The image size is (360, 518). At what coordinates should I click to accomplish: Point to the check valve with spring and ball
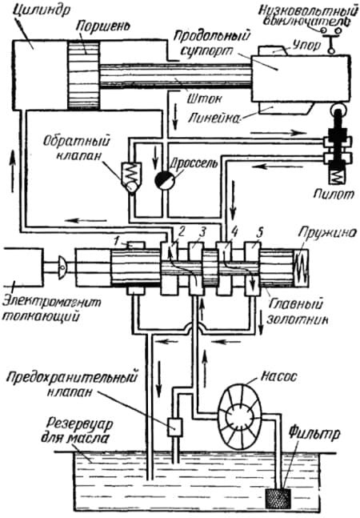(131, 178)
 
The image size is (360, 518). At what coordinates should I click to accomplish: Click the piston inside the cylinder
(83, 75)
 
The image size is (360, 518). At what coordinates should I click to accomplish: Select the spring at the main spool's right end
(300, 267)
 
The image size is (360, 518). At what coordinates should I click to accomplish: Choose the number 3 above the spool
(202, 232)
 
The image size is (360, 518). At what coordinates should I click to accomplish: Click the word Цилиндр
(41, 10)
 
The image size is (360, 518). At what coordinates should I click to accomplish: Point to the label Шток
(199, 98)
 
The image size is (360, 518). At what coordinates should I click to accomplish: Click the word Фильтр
(314, 435)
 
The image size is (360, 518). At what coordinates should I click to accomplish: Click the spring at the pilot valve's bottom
(336, 176)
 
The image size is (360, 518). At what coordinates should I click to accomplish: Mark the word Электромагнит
(52, 303)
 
